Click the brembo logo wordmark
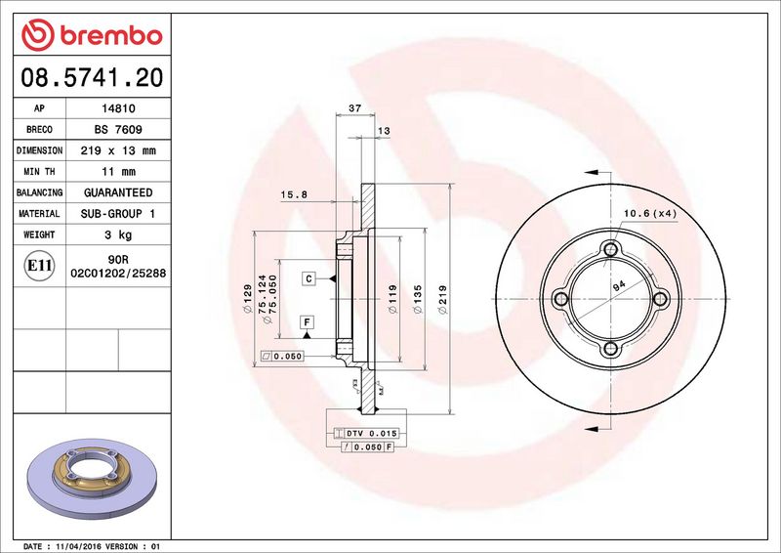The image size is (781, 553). click(111, 35)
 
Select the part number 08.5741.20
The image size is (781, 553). click(92, 77)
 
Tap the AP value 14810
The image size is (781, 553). click(118, 108)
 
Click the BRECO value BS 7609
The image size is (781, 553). click(118, 130)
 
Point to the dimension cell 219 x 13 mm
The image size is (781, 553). click(118, 150)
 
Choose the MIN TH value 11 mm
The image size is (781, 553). click(118, 172)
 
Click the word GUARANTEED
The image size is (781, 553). click(118, 192)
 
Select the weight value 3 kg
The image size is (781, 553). click(118, 234)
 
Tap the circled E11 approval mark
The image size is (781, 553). click(39, 266)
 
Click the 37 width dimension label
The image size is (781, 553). click(355, 107)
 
